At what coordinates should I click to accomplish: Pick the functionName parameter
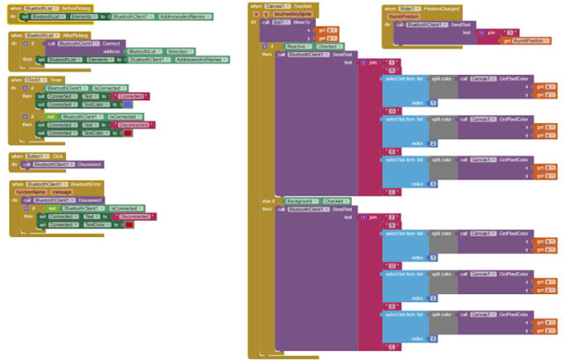[31, 190]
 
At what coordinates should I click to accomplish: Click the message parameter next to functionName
[62, 190]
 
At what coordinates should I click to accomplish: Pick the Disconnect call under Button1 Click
[90, 164]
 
